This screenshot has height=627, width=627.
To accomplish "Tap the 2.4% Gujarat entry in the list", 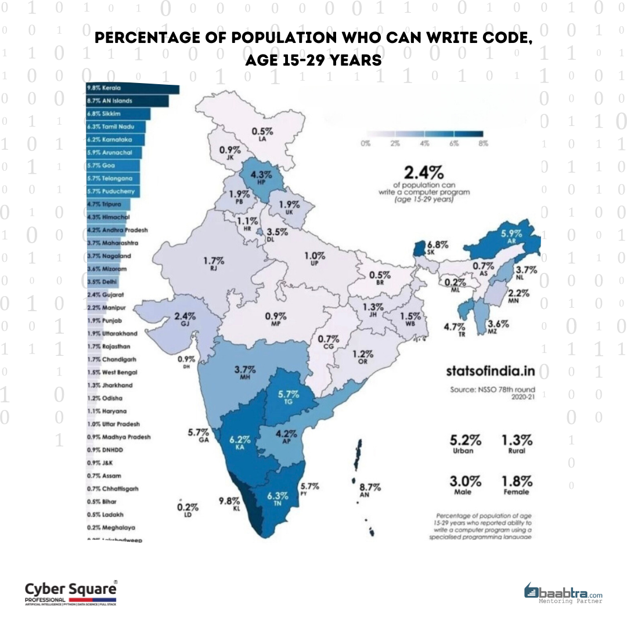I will (105, 294).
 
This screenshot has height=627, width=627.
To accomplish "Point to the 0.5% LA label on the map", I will (259, 134).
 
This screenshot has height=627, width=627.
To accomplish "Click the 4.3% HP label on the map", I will (258, 177).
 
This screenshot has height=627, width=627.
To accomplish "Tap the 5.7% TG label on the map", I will (289, 398).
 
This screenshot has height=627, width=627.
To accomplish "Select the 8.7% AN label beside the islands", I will (370, 490).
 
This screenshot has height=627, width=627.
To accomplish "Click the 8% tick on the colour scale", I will (482, 144).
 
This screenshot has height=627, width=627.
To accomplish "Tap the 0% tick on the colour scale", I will (366, 144).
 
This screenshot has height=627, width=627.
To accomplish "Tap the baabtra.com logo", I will (563, 593).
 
